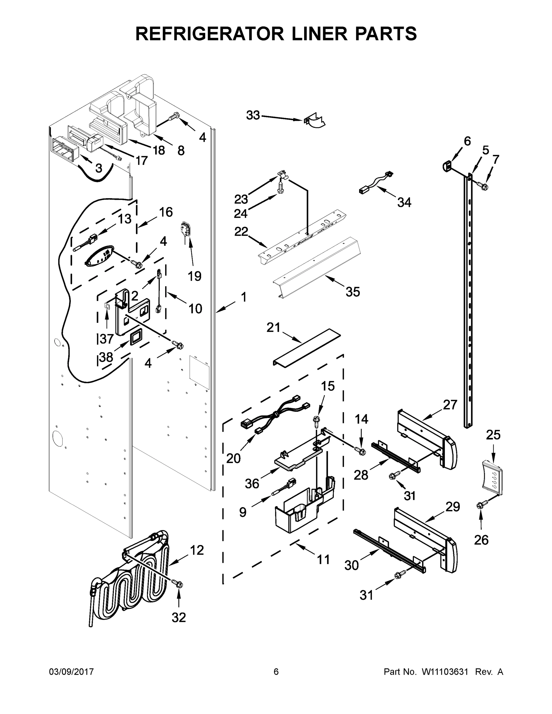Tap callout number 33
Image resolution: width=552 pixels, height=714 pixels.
(x=253, y=115)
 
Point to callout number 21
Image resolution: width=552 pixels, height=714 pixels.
(x=273, y=327)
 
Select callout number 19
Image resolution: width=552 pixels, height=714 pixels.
(x=194, y=276)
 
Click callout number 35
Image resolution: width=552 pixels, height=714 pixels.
(x=353, y=292)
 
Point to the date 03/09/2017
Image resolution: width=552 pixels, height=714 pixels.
(x=71, y=672)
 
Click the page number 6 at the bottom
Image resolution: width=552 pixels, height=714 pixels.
(x=276, y=672)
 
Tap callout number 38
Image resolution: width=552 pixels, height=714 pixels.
(x=107, y=357)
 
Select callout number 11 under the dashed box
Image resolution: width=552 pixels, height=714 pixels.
(x=323, y=559)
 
